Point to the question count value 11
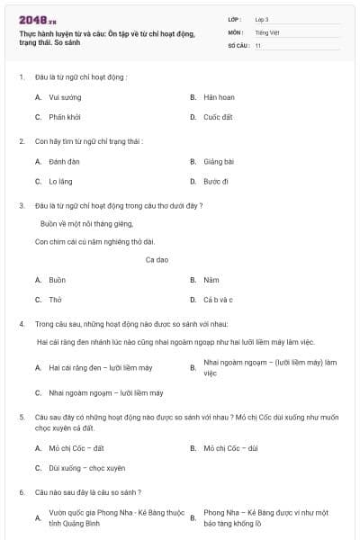[258, 44]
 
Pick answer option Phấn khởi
[66, 117]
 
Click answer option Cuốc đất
[218, 117]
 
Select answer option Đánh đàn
[65, 161]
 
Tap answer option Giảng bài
[219, 161]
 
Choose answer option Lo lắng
[61, 181]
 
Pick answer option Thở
[55, 300]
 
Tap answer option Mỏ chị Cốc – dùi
[230, 447]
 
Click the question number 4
[21, 322]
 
